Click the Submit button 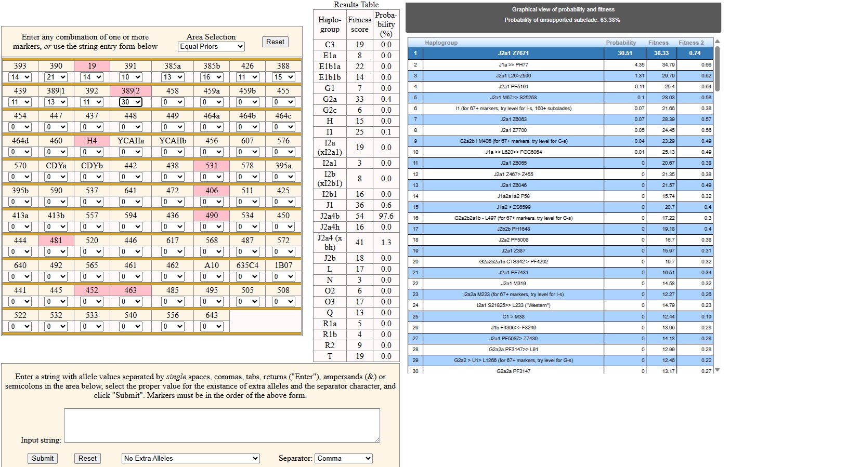click(43, 458)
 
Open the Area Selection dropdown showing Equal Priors click(211, 46)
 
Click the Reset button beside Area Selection click(275, 42)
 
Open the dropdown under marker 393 click(20, 77)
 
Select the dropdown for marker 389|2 click(131, 102)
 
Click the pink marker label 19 click(92, 66)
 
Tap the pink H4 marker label click(92, 141)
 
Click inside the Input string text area click(222, 425)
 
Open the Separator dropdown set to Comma click(344, 458)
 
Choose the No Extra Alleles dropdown click(191, 458)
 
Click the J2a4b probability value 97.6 click(386, 216)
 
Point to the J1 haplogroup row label click(330, 205)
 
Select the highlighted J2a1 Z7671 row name click(513, 53)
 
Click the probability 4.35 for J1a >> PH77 click(640, 65)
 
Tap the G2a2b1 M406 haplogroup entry click(513, 141)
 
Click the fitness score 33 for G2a click(359, 99)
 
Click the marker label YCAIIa click(131, 141)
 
